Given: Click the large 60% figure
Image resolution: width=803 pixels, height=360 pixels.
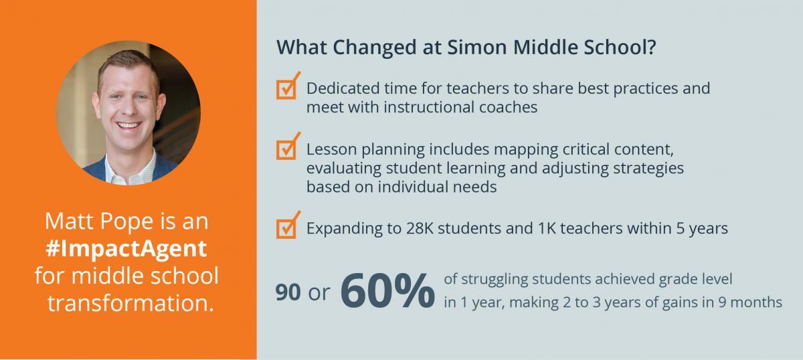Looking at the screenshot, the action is [387, 290].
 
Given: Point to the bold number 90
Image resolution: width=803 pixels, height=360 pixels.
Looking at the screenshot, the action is [288, 292].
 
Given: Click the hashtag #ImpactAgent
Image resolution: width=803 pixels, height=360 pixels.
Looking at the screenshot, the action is [126, 248].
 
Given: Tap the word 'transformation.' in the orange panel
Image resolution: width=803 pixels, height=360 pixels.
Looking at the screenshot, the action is [131, 303].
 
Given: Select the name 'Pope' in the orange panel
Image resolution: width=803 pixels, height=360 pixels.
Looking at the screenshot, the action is [127, 221].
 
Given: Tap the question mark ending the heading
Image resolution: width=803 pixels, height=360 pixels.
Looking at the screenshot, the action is [651, 47].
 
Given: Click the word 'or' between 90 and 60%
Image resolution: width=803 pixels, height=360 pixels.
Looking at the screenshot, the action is [319, 294].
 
